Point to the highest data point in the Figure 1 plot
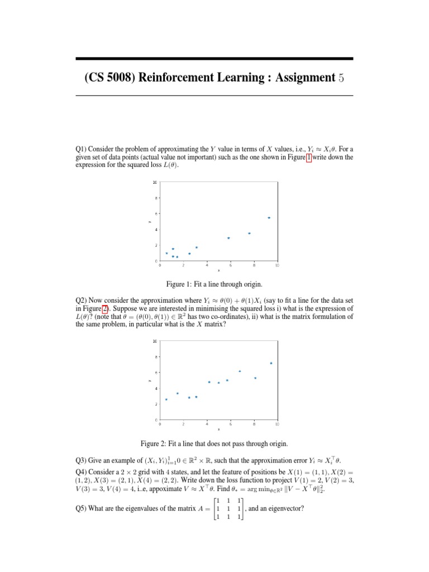269,218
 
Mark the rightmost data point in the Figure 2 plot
271,363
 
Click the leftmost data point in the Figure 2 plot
166,399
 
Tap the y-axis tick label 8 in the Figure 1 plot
155,198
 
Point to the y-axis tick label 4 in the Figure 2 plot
155,388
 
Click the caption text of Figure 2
214,444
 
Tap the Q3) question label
83,461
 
